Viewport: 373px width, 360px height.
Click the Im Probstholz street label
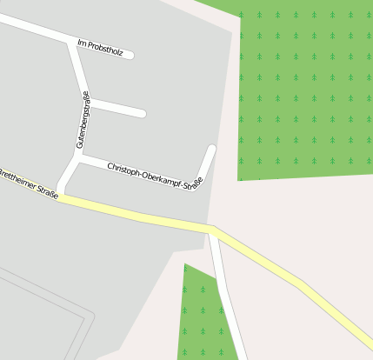pos(100,48)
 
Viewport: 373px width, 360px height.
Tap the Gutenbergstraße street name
pos(83,119)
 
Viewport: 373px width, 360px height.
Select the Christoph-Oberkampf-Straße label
pos(155,177)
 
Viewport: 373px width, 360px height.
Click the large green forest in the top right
pos(304,87)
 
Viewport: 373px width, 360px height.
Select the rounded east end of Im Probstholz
pos(130,56)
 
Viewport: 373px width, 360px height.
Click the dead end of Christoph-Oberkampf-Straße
pos(211,149)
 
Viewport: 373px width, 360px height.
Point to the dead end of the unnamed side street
pos(142,114)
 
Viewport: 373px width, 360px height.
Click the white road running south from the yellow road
pos(226,296)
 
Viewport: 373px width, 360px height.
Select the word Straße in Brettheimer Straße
pos(47,192)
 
